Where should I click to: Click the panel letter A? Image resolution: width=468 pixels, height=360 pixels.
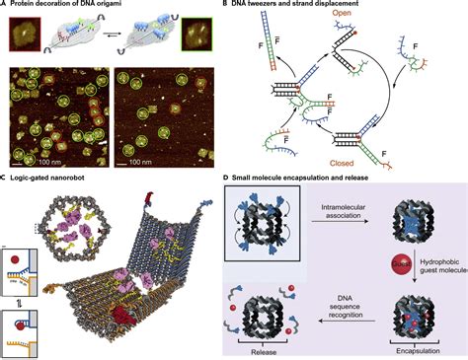(x=4, y=6)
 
